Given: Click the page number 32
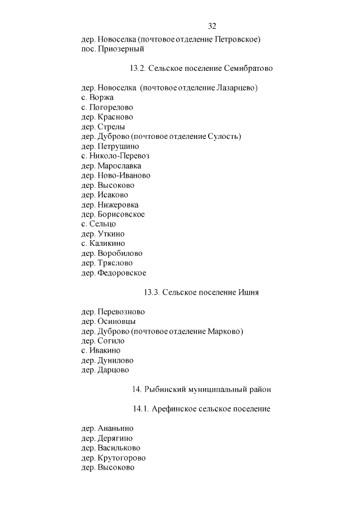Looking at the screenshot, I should tap(212, 26).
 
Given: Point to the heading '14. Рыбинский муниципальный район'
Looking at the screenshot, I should tap(201, 389).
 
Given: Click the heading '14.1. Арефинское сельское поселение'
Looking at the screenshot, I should tap(201, 409).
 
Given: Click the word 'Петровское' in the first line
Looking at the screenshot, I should tap(236, 39).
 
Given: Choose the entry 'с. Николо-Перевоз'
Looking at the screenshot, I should tap(115, 156).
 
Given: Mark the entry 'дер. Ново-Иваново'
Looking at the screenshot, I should tap(116, 175).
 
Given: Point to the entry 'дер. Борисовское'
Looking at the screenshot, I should tap(113, 214).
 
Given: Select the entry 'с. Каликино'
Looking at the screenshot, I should tap(103, 244).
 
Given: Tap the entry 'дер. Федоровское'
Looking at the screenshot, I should tap(114, 273).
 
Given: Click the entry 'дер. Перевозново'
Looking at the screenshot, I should tap(113, 312).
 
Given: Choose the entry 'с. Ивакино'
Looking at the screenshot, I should tap(101, 350).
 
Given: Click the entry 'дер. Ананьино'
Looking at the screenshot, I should tap(107, 429).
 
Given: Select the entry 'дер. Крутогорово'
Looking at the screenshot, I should tap(113, 458).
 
